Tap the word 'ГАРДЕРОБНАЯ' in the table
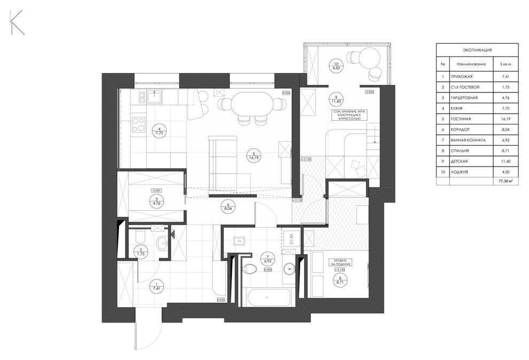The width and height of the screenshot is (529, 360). click(464, 98)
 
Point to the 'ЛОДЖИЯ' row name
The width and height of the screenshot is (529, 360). click(460, 172)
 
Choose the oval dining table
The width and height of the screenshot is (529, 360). click(250, 103)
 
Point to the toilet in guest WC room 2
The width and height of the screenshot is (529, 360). click(138, 236)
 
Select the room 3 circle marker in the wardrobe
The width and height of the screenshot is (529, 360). click(156, 200)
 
